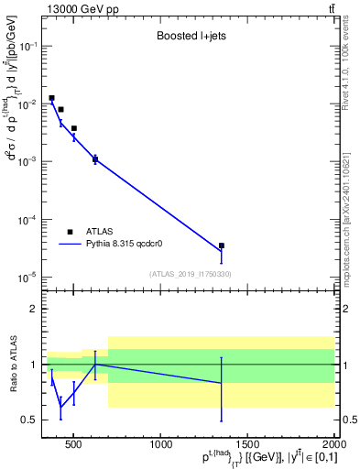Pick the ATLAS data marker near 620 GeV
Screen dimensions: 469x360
(95, 158)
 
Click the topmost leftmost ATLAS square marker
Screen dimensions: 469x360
(52, 98)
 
